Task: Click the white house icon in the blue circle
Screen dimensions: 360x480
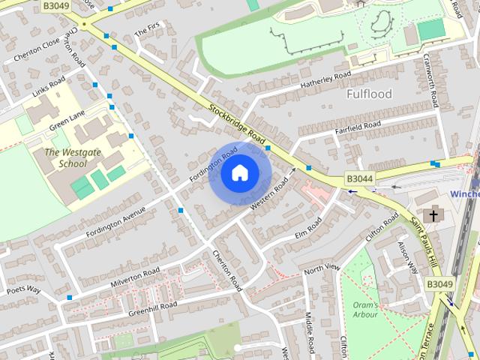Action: pyautogui.click(x=239, y=173)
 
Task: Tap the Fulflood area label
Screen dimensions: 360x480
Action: pyautogui.click(x=369, y=95)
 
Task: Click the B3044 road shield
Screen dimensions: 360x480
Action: pyautogui.click(x=358, y=179)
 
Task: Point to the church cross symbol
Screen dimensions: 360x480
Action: pyautogui.click(x=432, y=215)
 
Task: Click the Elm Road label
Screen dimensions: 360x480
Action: pyautogui.click(x=307, y=227)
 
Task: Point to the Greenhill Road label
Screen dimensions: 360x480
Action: pyautogui.click(x=152, y=307)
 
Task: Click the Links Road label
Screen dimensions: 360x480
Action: pyautogui.click(x=48, y=91)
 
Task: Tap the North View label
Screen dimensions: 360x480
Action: pyautogui.click(x=322, y=268)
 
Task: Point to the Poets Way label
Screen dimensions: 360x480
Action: pyautogui.click(x=23, y=289)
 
